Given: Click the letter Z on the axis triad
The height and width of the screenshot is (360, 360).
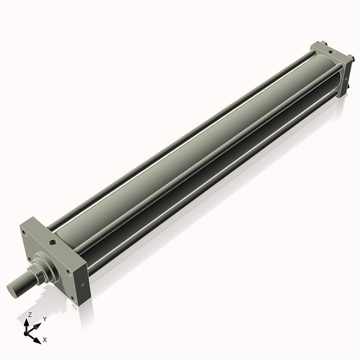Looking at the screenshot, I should (x=30, y=314).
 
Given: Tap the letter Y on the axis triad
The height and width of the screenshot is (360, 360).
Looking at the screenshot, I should (x=44, y=319).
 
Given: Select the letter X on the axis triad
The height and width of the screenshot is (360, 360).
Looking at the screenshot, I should (x=45, y=340).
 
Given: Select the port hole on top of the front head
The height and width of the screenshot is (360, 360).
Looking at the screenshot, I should (x=55, y=242).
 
